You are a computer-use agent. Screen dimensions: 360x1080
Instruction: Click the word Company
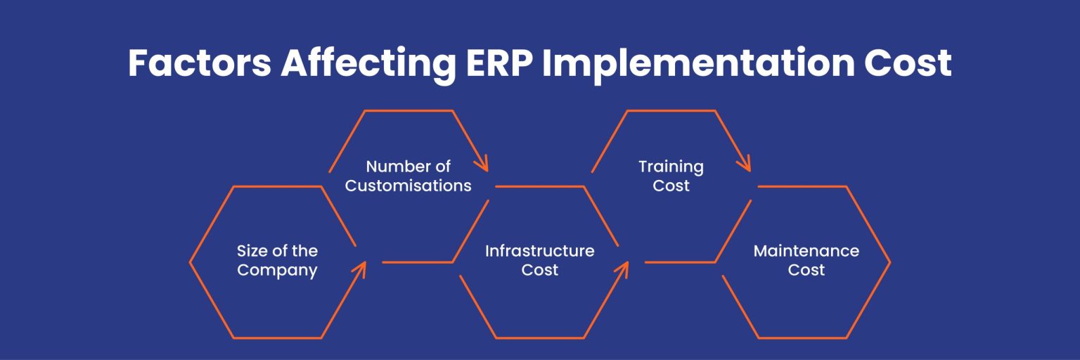click(277, 270)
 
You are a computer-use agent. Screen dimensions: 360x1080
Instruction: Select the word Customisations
click(408, 186)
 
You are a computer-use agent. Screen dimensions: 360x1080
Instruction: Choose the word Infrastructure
click(539, 251)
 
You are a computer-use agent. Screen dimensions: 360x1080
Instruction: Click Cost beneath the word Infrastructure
click(539, 270)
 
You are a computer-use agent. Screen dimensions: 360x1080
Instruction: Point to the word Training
click(671, 167)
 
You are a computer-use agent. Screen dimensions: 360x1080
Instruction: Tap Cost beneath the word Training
click(671, 186)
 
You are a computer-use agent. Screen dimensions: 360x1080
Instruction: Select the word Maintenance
click(806, 251)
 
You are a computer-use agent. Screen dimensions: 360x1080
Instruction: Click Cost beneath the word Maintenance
click(806, 270)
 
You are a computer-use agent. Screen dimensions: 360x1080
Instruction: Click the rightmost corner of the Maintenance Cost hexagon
click(889, 262)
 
